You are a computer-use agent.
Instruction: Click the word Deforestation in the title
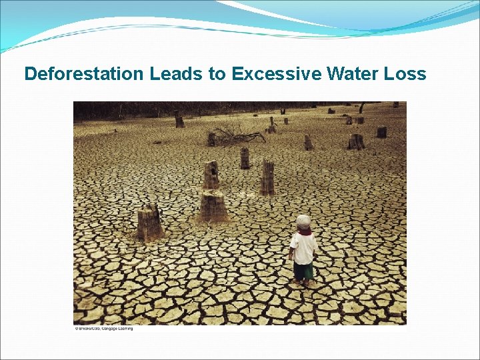(x=84, y=74)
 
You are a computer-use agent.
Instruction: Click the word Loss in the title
(x=405, y=74)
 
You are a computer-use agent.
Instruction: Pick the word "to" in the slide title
(x=217, y=74)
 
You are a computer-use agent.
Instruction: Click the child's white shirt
(x=304, y=248)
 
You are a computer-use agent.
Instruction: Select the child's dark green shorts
(x=304, y=270)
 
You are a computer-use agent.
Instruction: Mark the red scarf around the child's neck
(x=305, y=232)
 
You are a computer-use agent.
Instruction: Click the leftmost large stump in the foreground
(x=150, y=223)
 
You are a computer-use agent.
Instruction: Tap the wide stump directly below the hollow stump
(x=213, y=205)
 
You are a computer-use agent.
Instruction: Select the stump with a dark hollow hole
(x=211, y=175)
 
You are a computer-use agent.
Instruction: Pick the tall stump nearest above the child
(x=267, y=177)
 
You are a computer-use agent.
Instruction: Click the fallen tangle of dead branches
(x=237, y=135)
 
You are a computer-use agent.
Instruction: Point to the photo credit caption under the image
(x=103, y=328)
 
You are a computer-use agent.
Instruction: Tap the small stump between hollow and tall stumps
(x=245, y=158)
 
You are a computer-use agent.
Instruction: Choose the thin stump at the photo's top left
(x=179, y=119)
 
